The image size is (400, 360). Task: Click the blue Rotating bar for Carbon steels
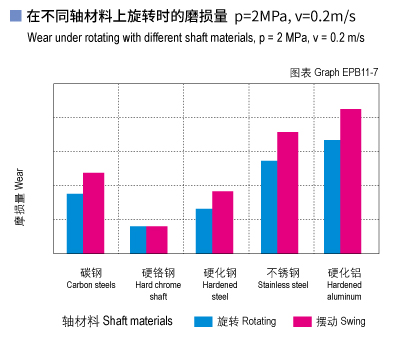pos(75,223)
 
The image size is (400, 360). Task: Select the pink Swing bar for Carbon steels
pos(93,213)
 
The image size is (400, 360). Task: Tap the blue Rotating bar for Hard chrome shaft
pos(138,240)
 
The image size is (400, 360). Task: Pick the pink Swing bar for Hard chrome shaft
pos(157,240)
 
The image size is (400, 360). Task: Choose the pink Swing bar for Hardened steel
pos(222,222)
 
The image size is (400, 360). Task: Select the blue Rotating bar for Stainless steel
pos(269,207)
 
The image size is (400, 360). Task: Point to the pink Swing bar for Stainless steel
pos(288,193)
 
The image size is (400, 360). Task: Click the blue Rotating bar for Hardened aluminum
pos(332,197)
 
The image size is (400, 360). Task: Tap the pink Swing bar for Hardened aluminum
pos(350,181)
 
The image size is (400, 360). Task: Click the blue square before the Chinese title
pos(14,17)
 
